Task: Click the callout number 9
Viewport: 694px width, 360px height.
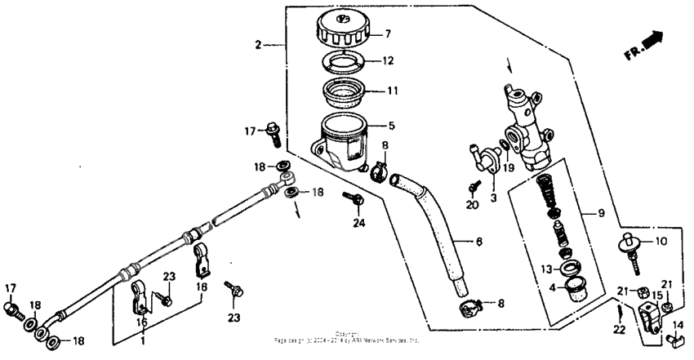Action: [601, 213]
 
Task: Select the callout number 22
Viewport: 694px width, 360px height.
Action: [618, 329]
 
